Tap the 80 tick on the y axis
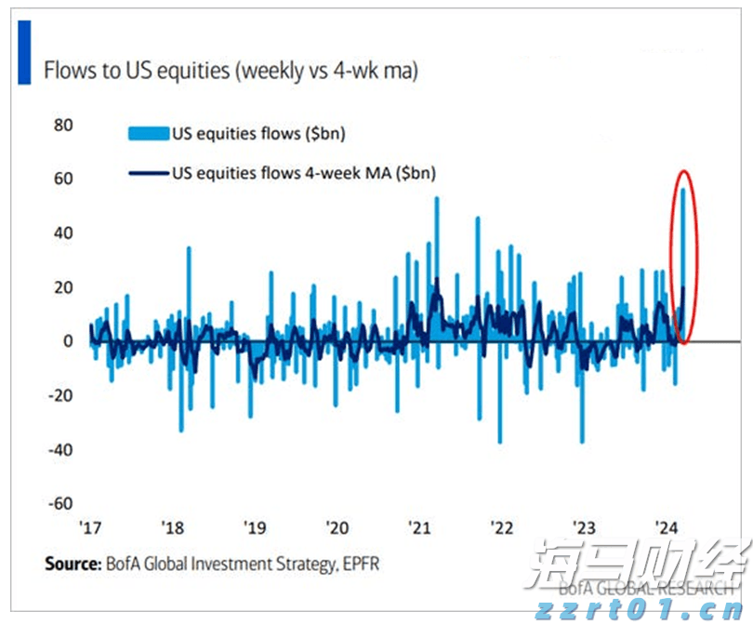62,125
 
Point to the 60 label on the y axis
62,179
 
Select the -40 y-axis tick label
59,450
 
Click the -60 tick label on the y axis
59,504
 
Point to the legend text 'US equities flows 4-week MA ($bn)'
303,173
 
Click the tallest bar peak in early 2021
436,198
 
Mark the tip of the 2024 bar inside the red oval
684,190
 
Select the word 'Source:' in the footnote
73,564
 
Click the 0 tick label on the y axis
68,341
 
